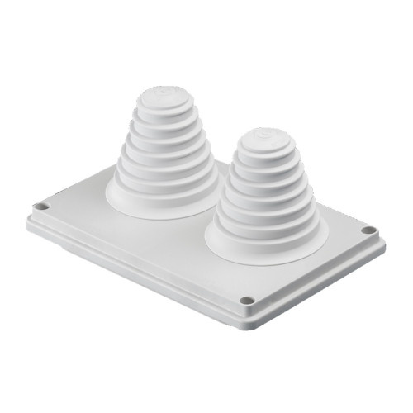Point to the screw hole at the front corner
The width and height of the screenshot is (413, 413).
click(246, 300)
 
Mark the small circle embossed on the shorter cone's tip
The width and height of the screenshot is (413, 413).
click(262, 131)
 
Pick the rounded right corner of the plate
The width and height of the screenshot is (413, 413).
click(380, 236)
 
